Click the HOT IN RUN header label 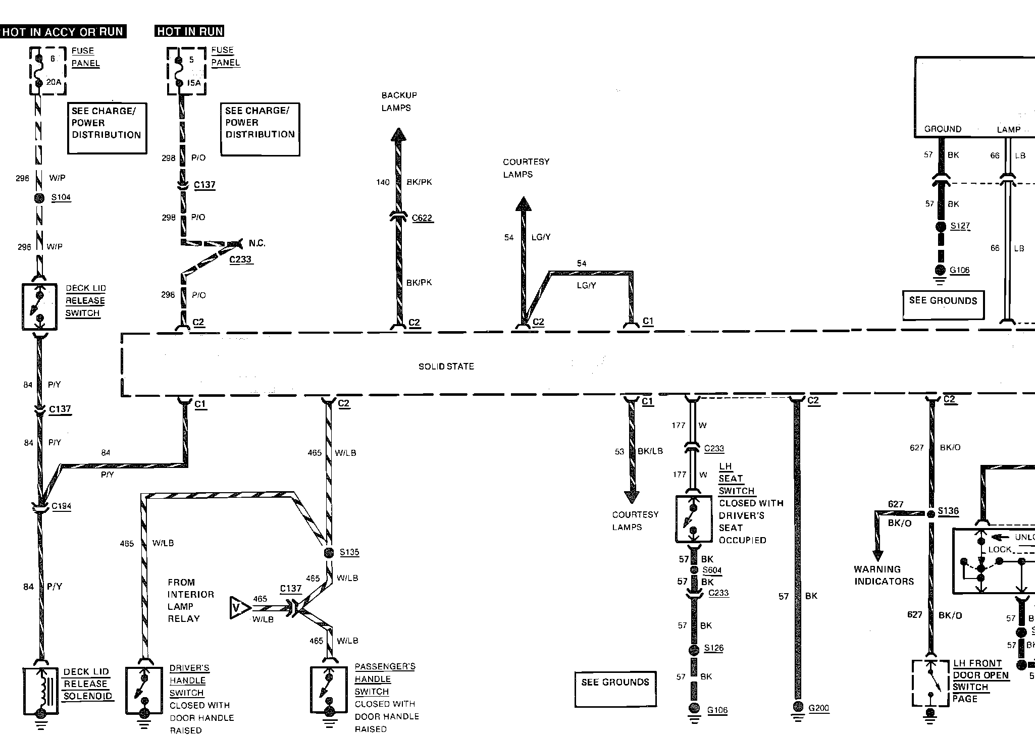[x=189, y=31]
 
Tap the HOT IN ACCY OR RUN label [x=63, y=32]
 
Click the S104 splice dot [x=39, y=198]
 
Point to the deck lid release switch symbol [x=39, y=307]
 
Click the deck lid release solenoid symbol [x=40, y=691]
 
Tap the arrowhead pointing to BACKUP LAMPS [x=398, y=134]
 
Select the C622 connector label [x=422, y=218]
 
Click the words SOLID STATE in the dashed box [x=446, y=366]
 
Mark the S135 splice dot [x=329, y=552]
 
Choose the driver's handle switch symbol [x=143, y=690]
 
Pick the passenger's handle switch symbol [x=329, y=689]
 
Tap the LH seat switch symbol [x=693, y=519]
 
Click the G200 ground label [x=818, y=708]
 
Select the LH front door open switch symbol [x=930, y=682]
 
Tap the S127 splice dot [x=940, y=227]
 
